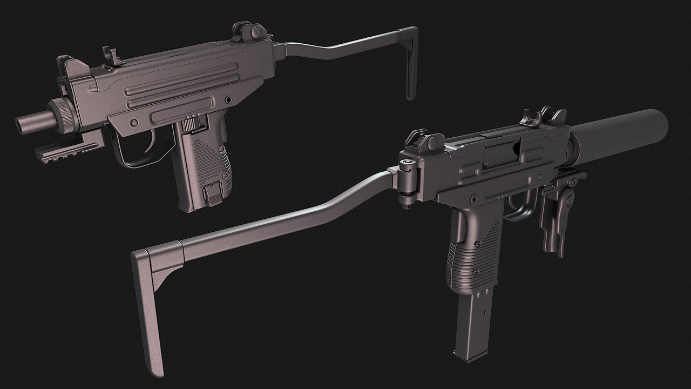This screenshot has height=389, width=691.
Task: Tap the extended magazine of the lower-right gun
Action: point(472,324)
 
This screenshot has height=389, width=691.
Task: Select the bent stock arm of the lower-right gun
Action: point(286,216)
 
